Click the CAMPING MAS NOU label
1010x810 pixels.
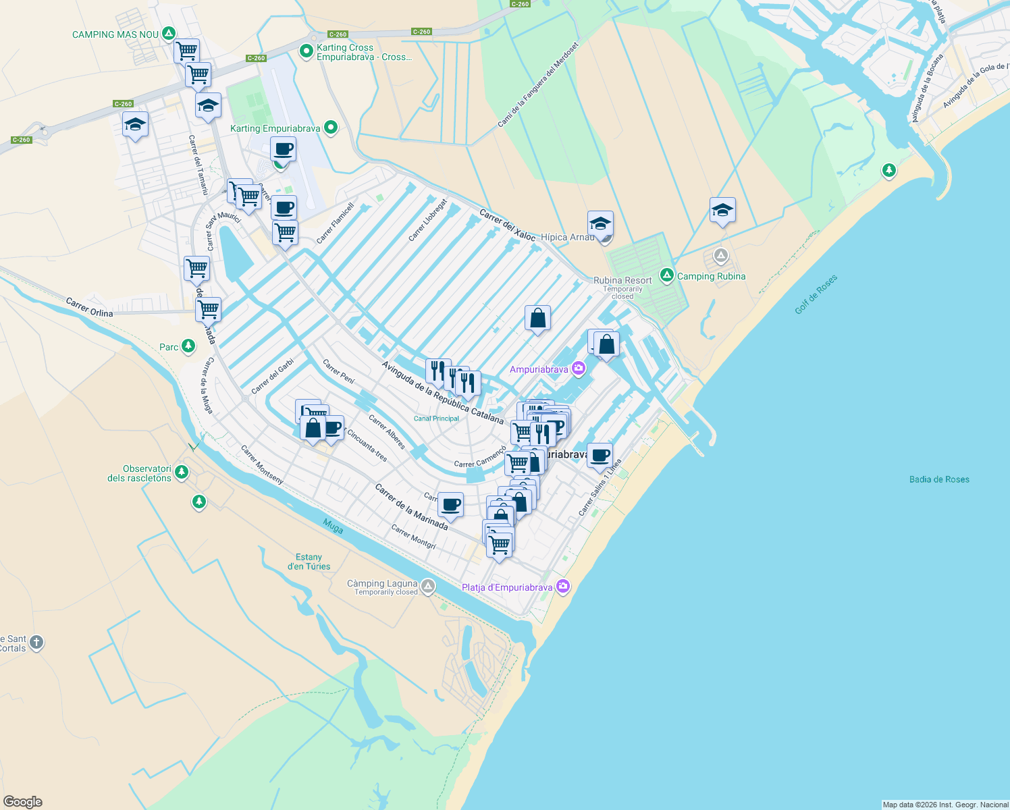coord(115,34)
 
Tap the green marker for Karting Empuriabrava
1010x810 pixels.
coord(331,127)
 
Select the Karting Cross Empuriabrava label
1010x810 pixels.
coord(364,52)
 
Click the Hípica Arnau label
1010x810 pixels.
coord(567,237)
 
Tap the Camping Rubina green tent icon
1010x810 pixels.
coord(667,275)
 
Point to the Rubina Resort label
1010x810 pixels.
coord(622,280)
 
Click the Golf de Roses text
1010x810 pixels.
coord(816,294)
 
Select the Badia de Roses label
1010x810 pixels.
coord(939,479)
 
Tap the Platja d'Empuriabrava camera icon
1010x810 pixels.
coord(562,587)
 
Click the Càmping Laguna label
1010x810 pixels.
coord(382,583)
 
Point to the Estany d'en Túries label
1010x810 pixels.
coord(309,562)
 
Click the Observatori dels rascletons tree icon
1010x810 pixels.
coord(182,472)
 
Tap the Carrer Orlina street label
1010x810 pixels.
coord(90,307)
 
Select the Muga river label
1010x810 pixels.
coord(333,526)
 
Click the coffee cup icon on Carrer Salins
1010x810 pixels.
coord(600,456)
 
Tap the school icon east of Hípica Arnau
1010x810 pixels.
coord(722,211)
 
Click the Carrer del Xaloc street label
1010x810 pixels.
coord(508,225)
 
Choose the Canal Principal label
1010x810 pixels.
coord(436,418)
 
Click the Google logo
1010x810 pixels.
coord(22,801)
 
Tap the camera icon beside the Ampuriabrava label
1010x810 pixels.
coord(579,369)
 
